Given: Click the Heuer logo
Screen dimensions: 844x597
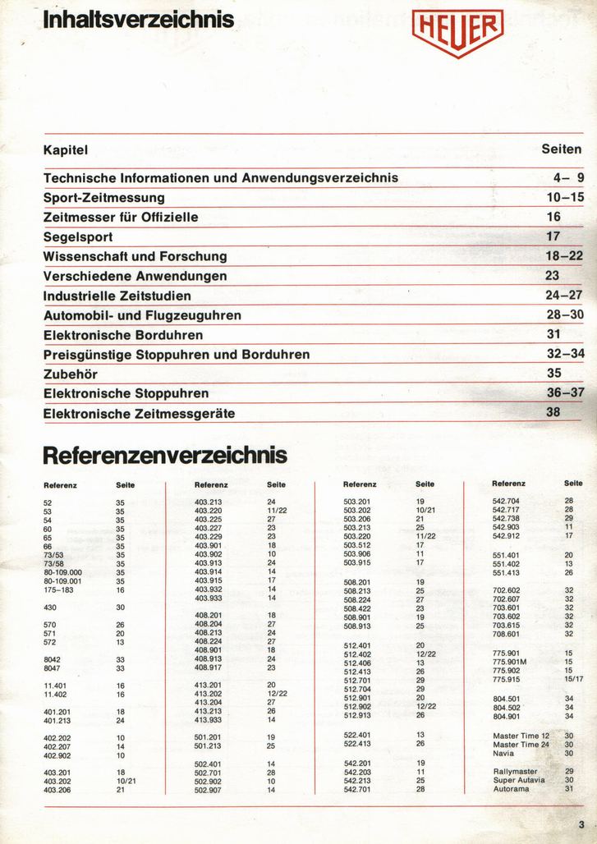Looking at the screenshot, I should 457,32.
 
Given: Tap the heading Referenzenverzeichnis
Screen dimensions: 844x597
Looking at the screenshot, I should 164,455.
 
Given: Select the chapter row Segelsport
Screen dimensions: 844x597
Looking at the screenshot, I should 78,237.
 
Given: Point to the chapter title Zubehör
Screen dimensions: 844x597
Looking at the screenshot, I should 70,374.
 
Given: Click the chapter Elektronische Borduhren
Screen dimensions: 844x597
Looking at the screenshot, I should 123,335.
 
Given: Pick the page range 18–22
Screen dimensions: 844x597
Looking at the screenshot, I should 564,256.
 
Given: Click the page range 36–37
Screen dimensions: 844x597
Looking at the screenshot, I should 565,393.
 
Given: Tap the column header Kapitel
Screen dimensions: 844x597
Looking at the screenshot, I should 65,150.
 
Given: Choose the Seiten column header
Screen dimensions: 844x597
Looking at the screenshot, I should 562,149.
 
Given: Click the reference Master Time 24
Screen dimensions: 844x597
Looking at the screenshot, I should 521,745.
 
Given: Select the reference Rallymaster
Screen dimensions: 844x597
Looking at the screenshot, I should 515,772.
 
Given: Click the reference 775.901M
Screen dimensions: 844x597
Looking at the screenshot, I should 509,662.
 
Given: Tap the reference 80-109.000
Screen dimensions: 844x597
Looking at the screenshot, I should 62,572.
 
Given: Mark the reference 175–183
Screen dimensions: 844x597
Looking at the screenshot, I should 58,589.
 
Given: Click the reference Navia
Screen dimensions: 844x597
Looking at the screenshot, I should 503,753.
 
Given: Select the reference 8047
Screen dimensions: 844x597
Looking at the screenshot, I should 53,668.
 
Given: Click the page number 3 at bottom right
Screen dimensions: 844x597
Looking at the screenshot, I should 581,825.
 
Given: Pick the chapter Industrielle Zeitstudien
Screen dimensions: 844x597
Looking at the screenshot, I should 117,296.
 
